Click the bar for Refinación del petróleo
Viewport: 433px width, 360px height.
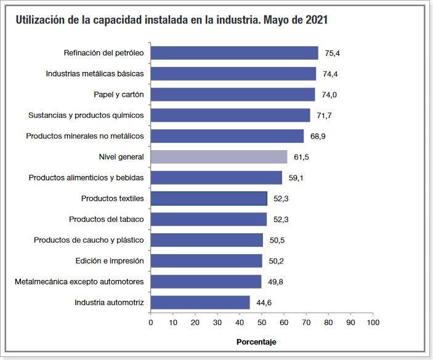coord(234,53)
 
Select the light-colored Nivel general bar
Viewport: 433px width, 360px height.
coord(219,157)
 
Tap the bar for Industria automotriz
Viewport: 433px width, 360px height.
coord(200,303)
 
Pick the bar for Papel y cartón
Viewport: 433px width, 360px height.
coord(233,94)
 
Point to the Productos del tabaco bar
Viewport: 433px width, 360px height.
coord(209,220)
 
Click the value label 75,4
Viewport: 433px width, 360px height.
coord(333,54)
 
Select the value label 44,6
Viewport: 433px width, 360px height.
coord(265,303)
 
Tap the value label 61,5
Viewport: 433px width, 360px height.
coord(301,158)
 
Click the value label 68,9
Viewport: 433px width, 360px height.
coord(318,136)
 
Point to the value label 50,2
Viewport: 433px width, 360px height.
coord(277,261)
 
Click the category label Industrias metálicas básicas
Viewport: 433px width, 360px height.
coord(95,74)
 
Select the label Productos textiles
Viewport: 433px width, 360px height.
coord(113,199)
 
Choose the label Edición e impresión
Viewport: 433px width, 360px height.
coord(110,261)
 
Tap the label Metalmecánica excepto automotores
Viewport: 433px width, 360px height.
coord(79,282)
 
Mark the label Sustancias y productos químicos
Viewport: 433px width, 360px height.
coord(86,115)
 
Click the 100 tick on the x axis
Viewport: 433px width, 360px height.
coord(372,322)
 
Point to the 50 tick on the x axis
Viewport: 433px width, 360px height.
coord(261,322)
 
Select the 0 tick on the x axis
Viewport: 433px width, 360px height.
coord(151,322)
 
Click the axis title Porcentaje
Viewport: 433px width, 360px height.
coord(257,342)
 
